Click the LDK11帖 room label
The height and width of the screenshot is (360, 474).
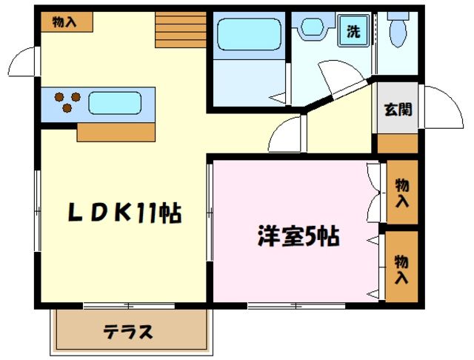(124, 213)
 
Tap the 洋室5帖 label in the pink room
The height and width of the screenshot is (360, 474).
(298, 237)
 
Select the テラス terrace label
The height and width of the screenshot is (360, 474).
(127, 331)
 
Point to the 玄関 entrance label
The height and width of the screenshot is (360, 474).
(398, 110)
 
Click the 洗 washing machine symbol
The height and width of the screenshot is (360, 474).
(354, 33)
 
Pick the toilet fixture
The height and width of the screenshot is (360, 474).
(397, 31)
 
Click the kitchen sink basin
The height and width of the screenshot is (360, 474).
(114, 102)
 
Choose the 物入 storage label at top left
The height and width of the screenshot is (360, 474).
(65, 22)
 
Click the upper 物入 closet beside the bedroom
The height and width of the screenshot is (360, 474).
(402, 193)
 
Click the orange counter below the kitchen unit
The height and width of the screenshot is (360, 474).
(116, 133)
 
